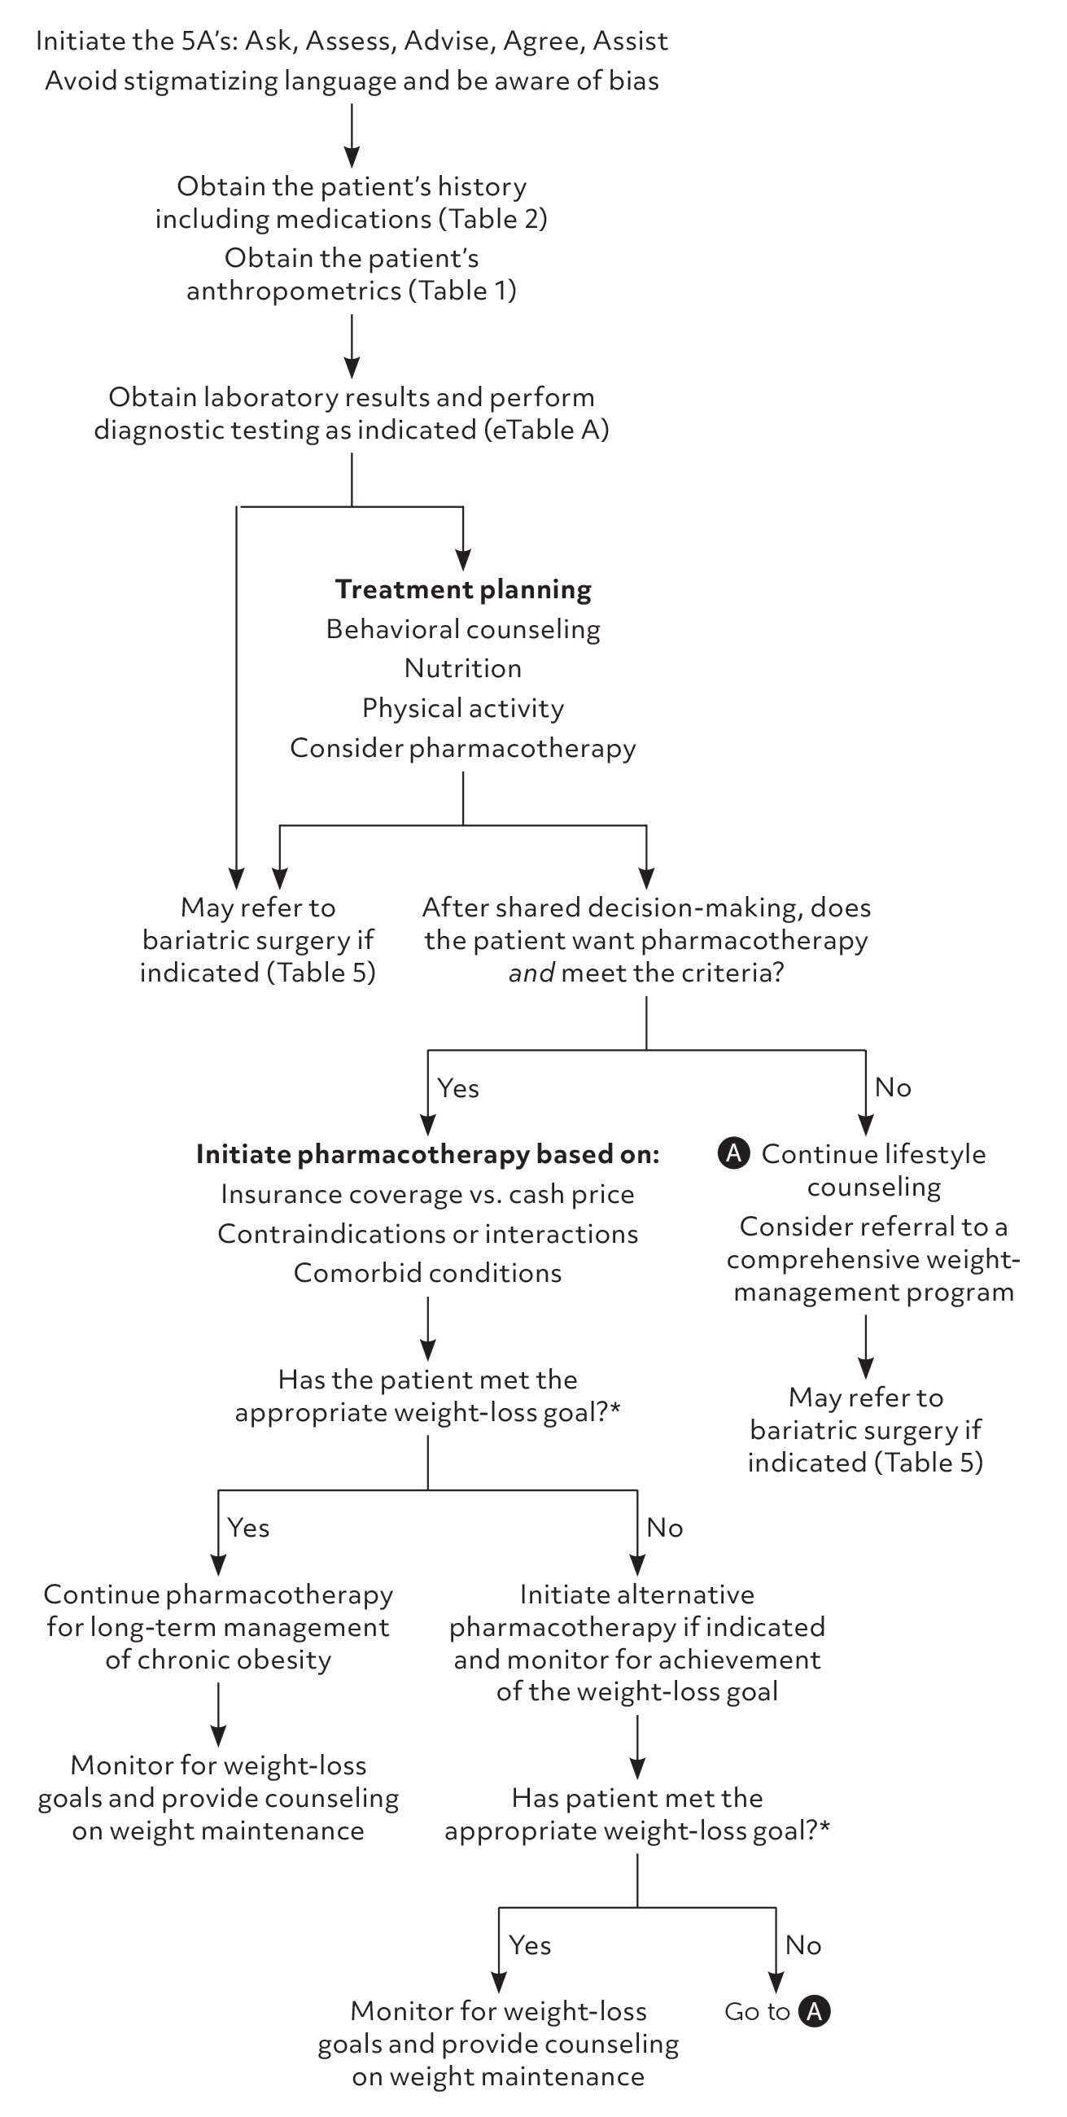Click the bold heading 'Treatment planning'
click(463, 589)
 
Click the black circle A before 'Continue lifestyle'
click(733, 1153)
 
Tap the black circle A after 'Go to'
click(815, 2011)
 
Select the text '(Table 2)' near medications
click(497, 219)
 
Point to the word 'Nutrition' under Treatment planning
click(463, 668)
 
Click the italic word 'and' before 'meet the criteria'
click(531, 973)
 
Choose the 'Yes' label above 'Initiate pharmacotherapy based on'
click(458, 1088)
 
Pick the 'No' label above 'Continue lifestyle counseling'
click(893, 1087)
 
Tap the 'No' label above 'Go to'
click(803, 1945)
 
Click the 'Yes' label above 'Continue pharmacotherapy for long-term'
click(248, 1528)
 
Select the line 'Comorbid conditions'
click(427, 1273)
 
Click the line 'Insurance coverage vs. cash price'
click(427, 1194)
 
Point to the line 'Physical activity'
click(463, 708)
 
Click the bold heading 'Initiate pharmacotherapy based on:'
click(427, 1154)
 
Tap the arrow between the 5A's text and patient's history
click(352, 136)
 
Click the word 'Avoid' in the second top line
click(81, 81)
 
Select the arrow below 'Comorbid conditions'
click(427, 1327)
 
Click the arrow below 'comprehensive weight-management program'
click(866, 1345)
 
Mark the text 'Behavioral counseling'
click(463, 629)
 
